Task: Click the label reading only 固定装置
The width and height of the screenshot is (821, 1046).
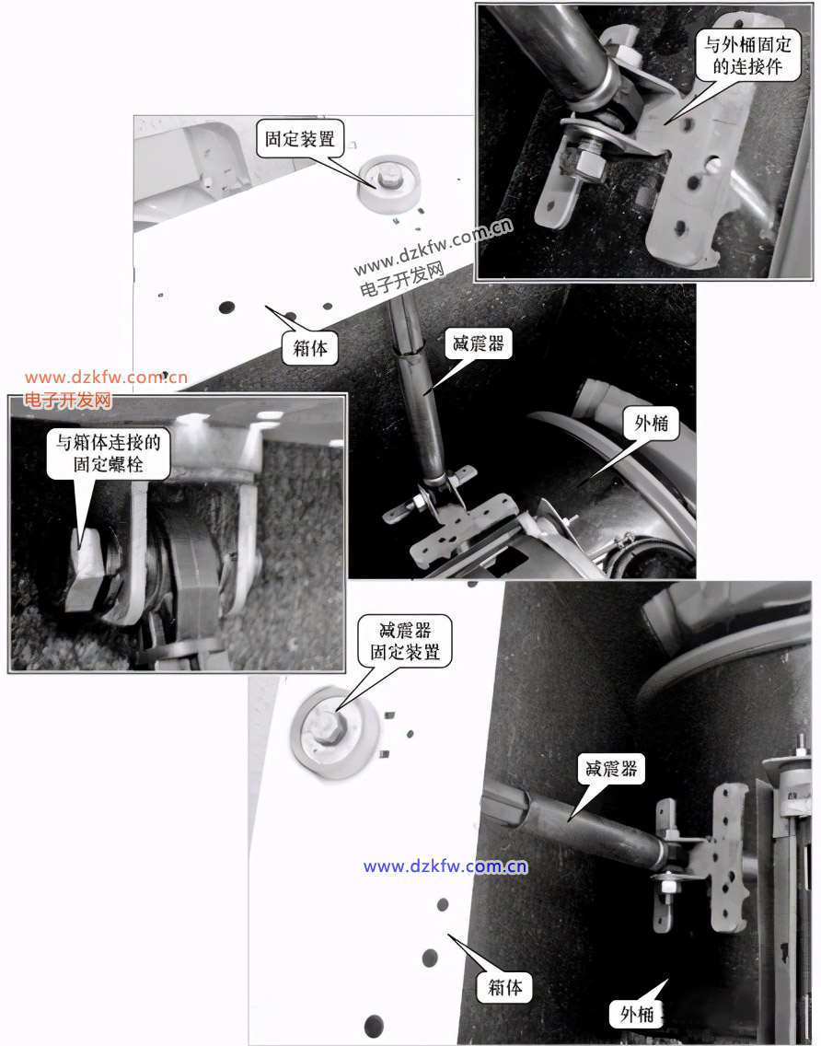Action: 299,139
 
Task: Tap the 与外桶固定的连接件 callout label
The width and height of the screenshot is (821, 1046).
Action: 747,55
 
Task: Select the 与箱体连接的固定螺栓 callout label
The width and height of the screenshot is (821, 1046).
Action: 108,452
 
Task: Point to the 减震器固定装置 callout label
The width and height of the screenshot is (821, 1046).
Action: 405,641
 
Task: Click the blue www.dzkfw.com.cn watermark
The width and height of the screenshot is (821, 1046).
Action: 445,866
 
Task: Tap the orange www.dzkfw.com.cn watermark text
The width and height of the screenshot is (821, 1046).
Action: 106,378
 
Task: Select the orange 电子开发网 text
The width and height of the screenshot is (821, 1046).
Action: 68,400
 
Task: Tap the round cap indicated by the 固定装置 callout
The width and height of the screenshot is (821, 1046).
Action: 389,183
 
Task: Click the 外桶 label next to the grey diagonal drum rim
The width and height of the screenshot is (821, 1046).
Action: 651,423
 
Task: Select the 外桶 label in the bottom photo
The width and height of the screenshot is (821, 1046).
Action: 636,1014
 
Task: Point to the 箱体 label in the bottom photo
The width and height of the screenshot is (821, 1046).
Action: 505,987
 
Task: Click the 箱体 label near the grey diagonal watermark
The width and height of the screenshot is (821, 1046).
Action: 311,347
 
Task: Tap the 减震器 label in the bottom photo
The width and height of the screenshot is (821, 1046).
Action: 611,769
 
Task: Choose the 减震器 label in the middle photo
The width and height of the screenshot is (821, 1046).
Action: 479,343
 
